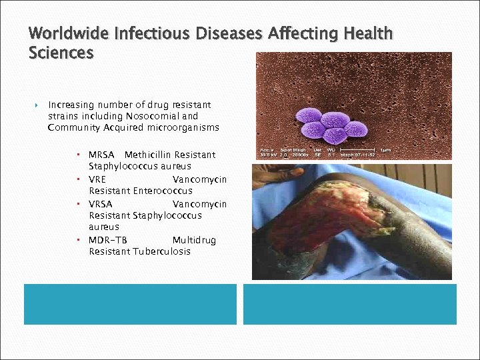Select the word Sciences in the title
[x=61, y=52]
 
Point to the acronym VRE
[x=97, y=179]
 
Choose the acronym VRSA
[x=101, y=204]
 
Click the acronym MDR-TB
[x=107, y=240]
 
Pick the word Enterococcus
[x=163, y=191]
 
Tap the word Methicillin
[x=148, y=155]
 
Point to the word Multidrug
[x=194, y=240]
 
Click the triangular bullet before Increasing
[x=36, y=105]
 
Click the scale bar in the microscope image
[x=358, y=150]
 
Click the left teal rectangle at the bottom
[x=130, y=304]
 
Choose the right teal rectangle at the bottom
[x=349, y=304]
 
